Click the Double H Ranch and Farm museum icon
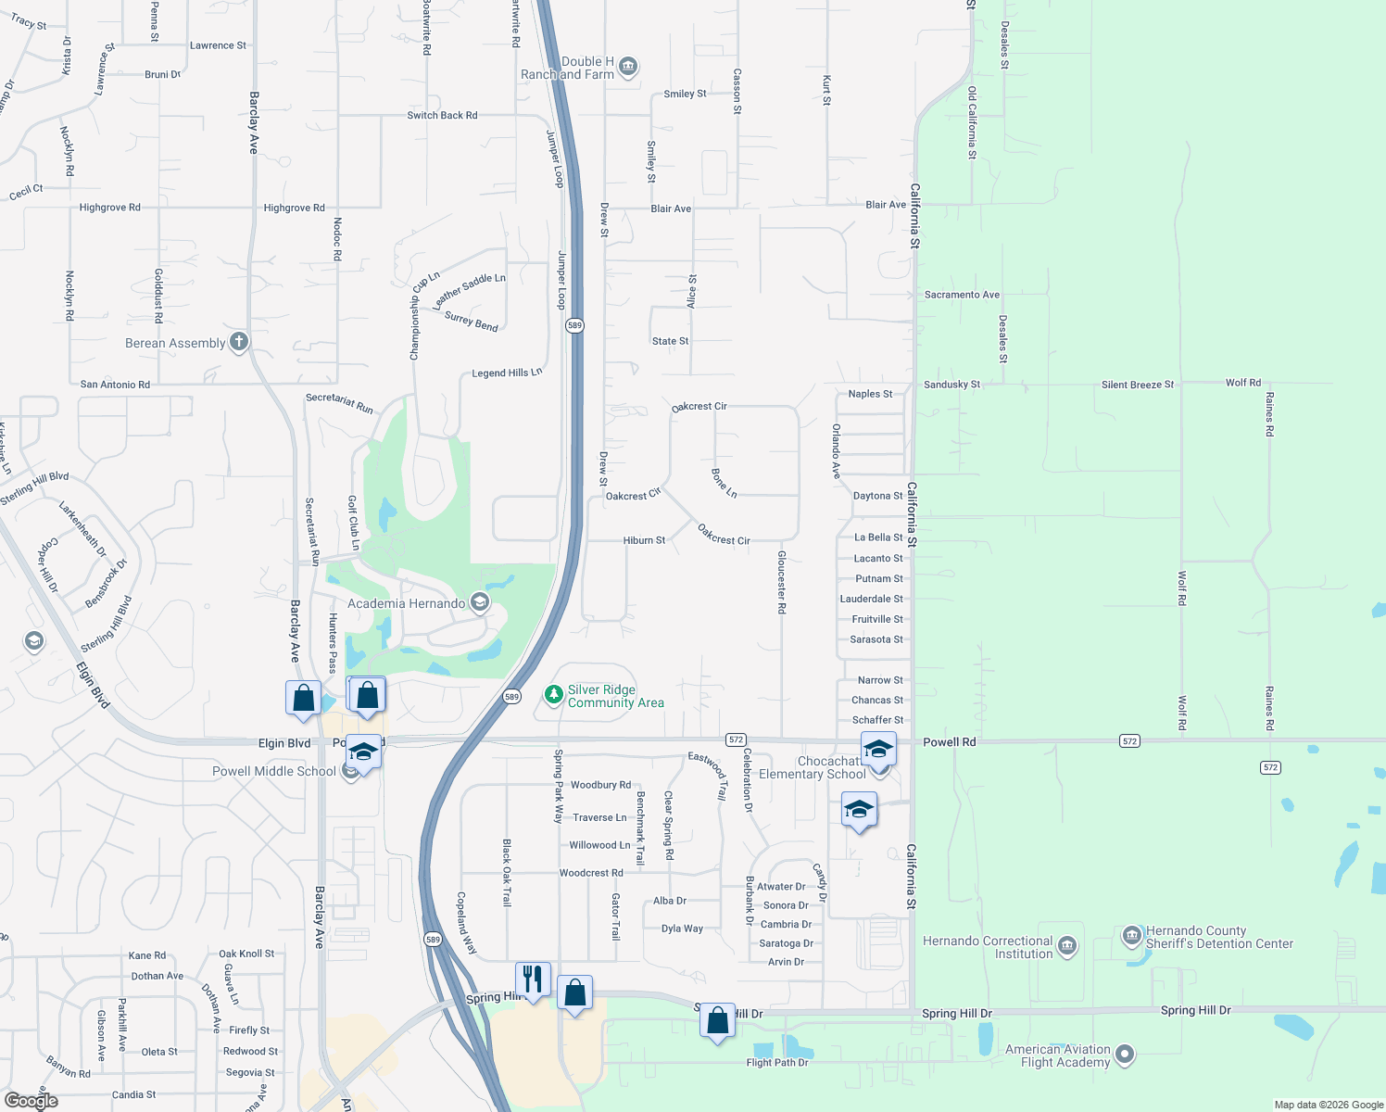click(x=628, y=66)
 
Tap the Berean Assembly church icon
click(x=238, y=342)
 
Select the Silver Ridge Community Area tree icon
click(x=553, y=695)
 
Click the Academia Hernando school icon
click(x=479, y=603)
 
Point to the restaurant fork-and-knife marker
click(x=533, y=978)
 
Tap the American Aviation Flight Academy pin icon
click(x=1125, y=1055)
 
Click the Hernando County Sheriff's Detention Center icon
click(x=1131, y=936)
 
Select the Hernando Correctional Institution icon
click(x=1066, y=946)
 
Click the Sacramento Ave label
click(x=962, y=295)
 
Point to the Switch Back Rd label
click(x=442, y=116)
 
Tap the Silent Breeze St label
click(x=1137, y=385)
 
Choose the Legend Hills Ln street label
click(x=507, y=373)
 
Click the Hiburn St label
click(x=644, y=540)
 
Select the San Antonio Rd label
click(x=115, y=385)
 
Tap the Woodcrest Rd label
click(x=591, y=873)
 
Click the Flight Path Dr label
click(x=777, y=1063)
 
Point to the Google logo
click(x=31, y=1101)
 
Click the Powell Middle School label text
click(x=274, y=771)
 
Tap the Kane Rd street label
click(x=147, y=955)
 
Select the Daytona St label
click(x=877, y=497)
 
